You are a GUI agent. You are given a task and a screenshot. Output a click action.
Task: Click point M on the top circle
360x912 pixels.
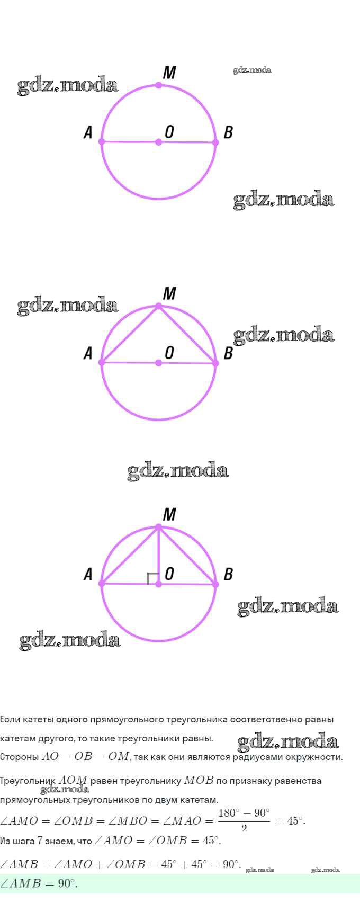(x=158, y=85)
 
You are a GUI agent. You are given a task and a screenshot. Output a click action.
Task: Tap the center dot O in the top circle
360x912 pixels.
(x=158, y=142)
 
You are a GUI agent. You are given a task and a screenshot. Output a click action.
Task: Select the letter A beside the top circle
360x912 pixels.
(x=88, y=132)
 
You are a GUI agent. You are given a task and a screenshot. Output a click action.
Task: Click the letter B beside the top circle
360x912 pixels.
(x=228, y=132)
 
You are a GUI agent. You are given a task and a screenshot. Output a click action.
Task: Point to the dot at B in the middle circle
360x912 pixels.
(x=215, y=363)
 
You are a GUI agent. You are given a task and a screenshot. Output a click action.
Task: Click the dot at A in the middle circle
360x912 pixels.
(x=102, y=363)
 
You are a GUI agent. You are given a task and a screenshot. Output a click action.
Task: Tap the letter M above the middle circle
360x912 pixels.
(x=169, y=293)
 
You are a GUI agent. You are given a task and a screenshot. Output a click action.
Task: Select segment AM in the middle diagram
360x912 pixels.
(x=130, y=334)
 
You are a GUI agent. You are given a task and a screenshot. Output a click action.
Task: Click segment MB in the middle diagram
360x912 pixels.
(x=187, y=335)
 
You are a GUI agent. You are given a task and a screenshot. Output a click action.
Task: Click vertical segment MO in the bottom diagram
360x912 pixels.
(x=158, y=555)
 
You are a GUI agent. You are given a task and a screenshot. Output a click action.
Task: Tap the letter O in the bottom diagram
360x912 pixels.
(x=169, y=574)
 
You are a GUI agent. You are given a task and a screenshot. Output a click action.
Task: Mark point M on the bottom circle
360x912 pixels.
(x=158, y=526)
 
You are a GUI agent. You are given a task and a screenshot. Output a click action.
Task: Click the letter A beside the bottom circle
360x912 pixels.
(x=88, y=574)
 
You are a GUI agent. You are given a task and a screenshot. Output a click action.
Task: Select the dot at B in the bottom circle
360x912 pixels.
(x=215, y=584)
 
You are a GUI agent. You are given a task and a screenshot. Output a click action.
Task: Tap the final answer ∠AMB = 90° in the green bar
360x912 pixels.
(x=39, y=883)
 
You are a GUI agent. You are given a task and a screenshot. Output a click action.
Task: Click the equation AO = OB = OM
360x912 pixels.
(x=85, y=756)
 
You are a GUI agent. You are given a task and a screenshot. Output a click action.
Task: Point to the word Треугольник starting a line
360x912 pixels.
(x=28, y=781)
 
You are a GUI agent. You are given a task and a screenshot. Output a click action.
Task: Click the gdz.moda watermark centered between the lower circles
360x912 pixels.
(x=178, y=470)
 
